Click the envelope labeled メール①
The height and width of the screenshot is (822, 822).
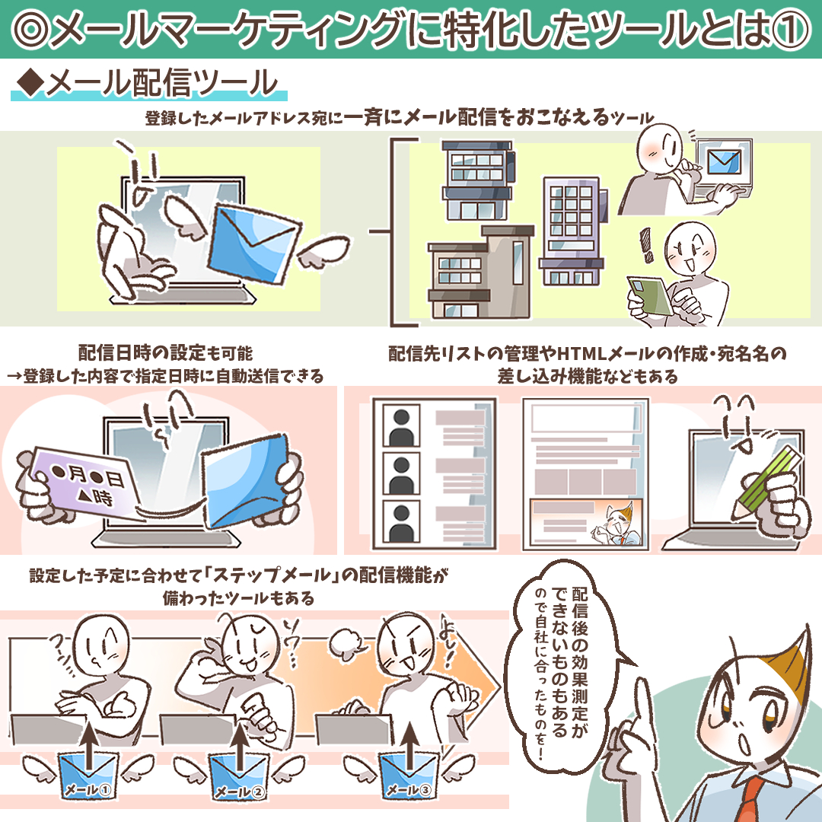point(88,776)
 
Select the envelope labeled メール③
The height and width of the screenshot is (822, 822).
point(409,776)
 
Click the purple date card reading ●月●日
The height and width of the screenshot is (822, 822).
point(84,484)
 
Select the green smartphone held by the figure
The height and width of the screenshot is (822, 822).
point(650,295)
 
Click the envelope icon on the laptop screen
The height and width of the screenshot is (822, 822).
point(724,161)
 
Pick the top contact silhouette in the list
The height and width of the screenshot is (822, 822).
point(401,425)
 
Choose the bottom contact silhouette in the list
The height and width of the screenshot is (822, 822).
point(401,522)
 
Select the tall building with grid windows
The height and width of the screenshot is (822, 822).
point(571,231)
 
